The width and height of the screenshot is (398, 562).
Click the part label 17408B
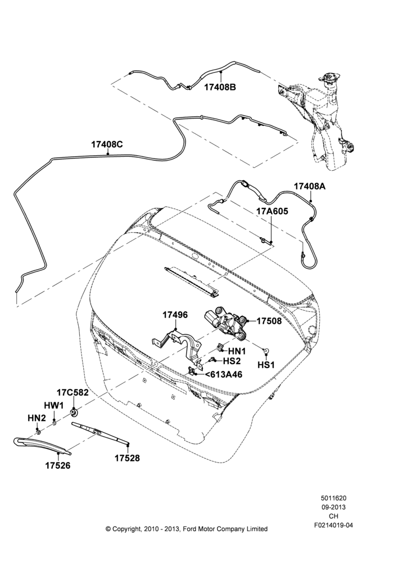(220, 87)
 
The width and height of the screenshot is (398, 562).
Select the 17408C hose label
(107, 144)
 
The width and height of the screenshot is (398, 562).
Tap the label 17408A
(310, 187)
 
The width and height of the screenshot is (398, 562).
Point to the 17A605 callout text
(272, 211)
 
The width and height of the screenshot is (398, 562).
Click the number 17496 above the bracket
(175, 315)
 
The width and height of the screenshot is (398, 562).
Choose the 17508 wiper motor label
(269, 321)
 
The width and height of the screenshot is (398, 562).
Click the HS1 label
(266, 365)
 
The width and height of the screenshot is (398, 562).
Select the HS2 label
(232, 361)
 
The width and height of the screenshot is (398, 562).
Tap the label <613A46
(223, 374)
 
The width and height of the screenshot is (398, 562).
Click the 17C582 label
(73, 392)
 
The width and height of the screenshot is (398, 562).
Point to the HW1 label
(54, 405)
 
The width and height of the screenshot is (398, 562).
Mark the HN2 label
(37, 418)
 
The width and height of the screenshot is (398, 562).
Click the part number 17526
(58, 465)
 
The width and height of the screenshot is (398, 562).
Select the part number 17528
(127, 457)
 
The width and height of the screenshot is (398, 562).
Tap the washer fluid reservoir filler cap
(327, 78)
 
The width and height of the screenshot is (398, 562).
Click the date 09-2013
(333, 507)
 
